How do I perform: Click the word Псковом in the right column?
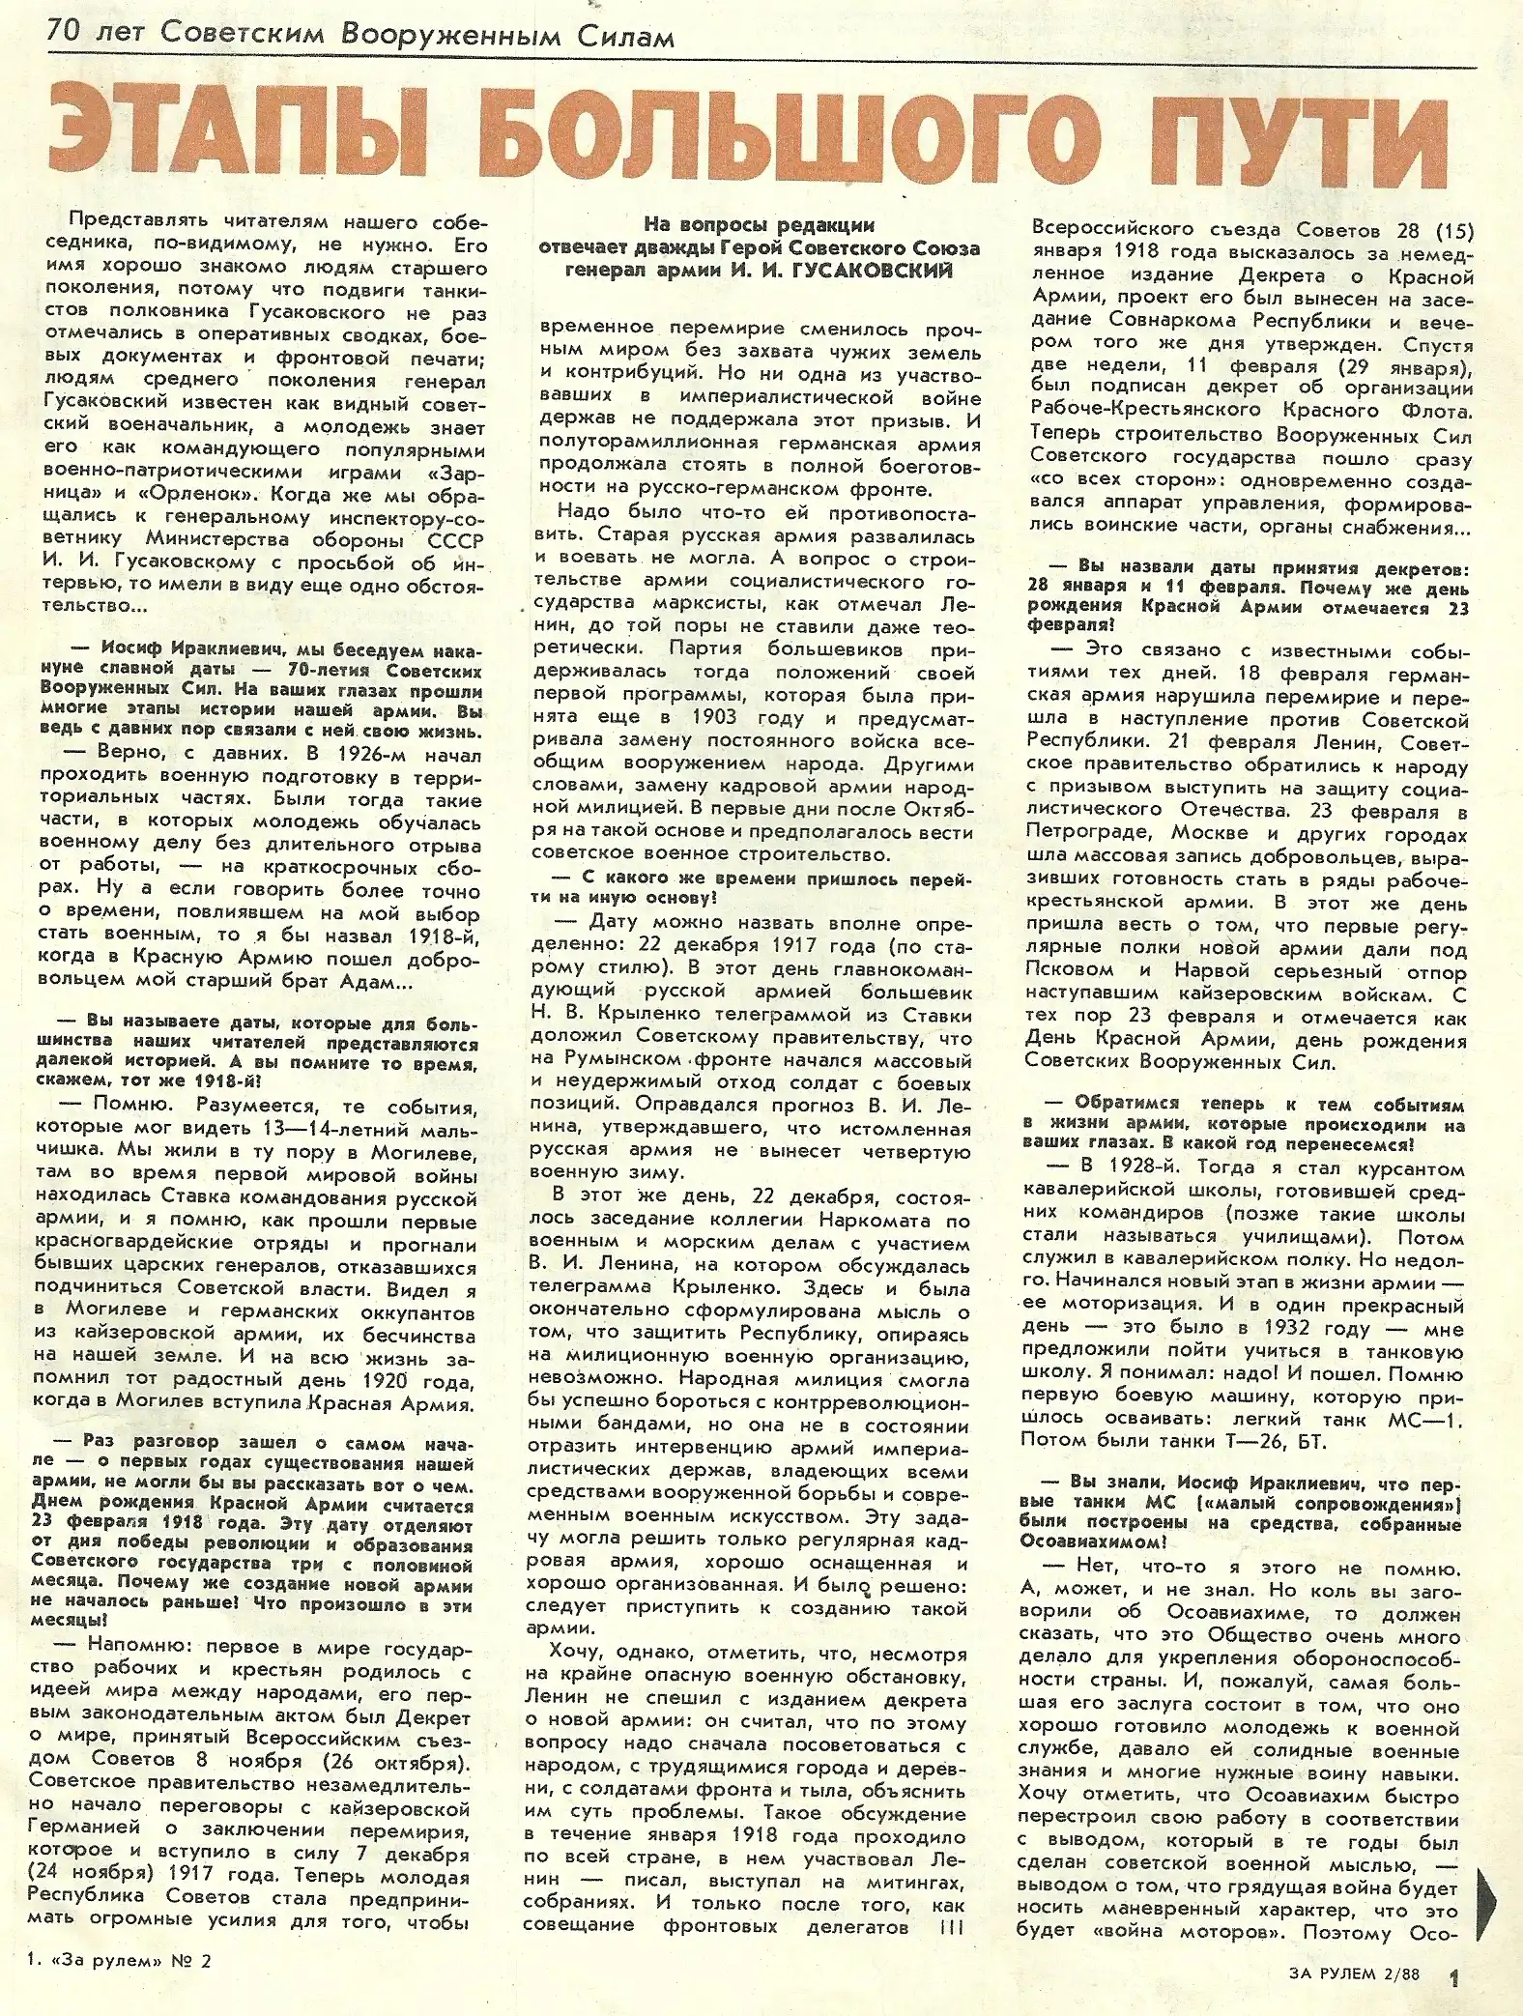point(1069,972)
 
